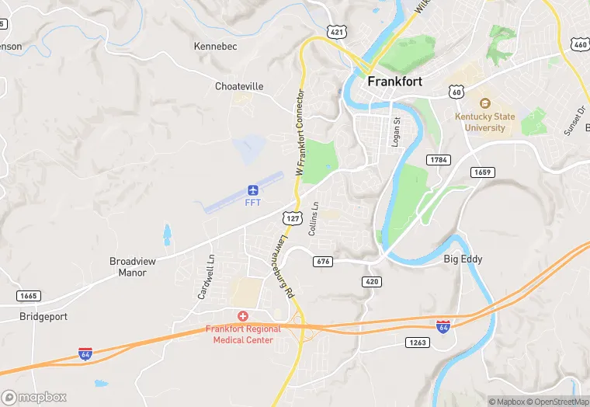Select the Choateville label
click(239, 86)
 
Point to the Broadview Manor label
click(132, 266)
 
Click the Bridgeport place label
click(43, 317)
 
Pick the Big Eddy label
click(463, 258)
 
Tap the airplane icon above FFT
click(252, 190)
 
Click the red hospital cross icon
click(243, 315)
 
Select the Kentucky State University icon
click(485, 103)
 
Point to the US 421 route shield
click(336, 31)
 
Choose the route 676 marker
click(324, 262)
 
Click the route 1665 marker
click(28, 296)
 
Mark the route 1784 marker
click(438, 160)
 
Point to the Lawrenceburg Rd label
click(283, 268)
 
